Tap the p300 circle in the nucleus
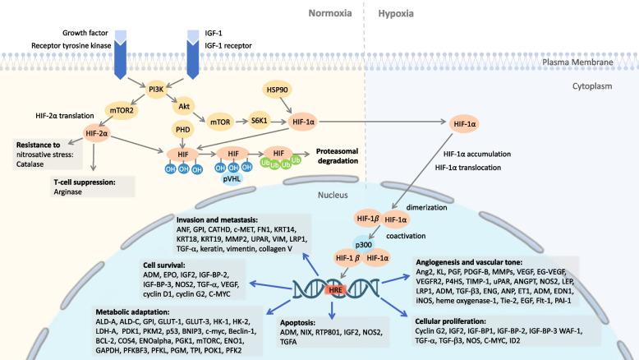pyautogui.click(x=365, y=244)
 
